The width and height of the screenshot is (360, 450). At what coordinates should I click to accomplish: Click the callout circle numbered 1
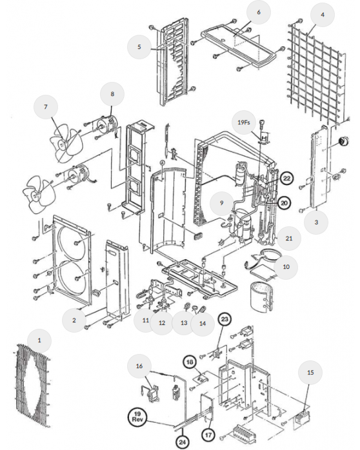click(x=39, y=339)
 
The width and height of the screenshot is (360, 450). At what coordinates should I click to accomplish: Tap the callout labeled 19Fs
click(x=243, y=121)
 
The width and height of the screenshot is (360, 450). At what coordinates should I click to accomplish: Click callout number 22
click(x=286, y=178)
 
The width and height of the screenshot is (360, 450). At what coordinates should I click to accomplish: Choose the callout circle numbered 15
click(x=311, y=373)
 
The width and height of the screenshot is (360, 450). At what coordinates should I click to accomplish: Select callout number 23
click(x=225, y=319)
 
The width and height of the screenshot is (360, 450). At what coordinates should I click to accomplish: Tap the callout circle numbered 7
click(x=46, y=106)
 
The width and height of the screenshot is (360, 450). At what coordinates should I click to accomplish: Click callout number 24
click(x=183, y=442)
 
